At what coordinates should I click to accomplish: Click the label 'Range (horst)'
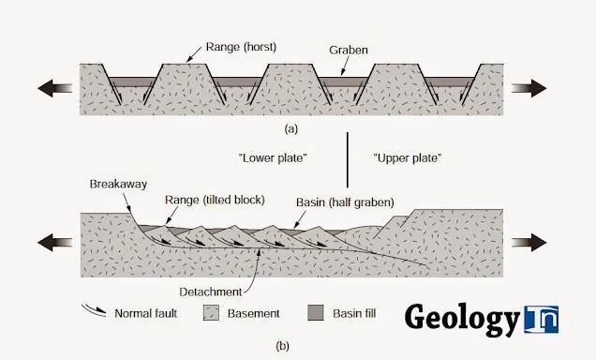coord(241,47)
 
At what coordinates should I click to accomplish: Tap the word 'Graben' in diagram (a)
coord(349,51)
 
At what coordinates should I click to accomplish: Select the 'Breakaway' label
coord(118,184)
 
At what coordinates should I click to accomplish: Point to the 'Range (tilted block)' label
coord(215,200)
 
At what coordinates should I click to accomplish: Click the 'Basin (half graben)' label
coord(345,202)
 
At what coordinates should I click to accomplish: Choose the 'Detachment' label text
coord(211,292)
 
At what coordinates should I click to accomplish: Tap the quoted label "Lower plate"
coord(273,157)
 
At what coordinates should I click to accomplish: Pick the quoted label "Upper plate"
coord(408,157)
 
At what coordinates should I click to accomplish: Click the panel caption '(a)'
coord(291,129)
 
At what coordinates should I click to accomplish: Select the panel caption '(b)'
coord(282,346)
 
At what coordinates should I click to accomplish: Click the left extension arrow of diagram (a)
coord(54,88)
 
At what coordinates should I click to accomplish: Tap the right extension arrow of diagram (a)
coord(529,88)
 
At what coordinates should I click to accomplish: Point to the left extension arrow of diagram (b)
coord(54,243)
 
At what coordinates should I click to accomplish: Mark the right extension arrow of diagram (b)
coord(529,243)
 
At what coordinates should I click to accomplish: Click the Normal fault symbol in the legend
coord(94,310)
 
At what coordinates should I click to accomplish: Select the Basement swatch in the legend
coord(211,313)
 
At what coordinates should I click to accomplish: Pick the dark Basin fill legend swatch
coord(316,312)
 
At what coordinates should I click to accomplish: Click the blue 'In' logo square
coord(542,319)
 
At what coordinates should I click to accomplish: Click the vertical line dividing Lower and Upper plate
coord(348,159)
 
